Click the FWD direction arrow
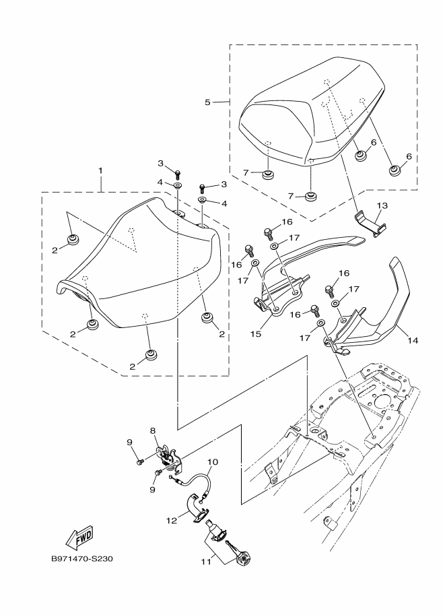(78, 536)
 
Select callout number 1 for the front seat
(102, 171)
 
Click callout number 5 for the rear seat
(207, 102)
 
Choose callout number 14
(412, 341)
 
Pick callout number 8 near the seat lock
(153, 430)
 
